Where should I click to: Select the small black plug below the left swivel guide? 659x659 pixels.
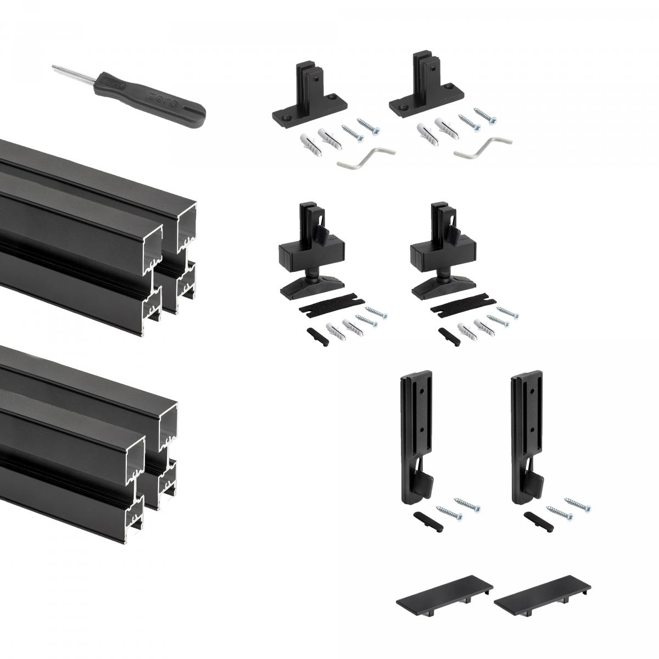(x=315, y=334)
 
